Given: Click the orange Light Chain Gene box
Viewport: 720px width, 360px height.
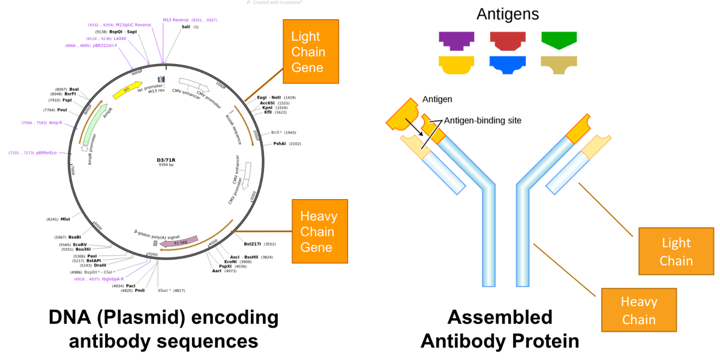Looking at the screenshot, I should pos(310,52).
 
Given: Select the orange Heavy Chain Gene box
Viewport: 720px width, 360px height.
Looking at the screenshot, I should pos(314,232).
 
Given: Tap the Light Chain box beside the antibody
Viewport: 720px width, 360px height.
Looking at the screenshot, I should pos(676,251).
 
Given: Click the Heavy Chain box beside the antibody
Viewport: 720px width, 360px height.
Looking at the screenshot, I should pos(638,310).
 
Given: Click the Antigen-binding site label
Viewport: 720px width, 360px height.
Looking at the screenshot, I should pos(482,120).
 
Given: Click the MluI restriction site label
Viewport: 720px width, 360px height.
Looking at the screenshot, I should pos(65,219).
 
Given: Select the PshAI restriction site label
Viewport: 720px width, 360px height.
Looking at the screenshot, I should pos(279,143).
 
